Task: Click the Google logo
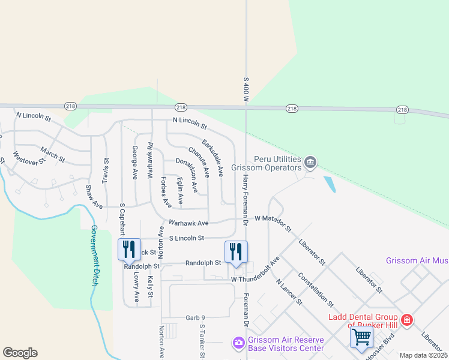tap(20, 353)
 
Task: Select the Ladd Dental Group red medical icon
tap(407, 320)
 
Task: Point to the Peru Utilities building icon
tap(310, 162)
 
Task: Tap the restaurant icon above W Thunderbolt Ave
tap(236, 251)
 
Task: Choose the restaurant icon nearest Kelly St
tap(130, 249)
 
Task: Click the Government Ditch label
tap(95, 256)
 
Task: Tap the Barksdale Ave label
tap(212, 158)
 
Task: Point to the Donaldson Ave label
tap(187, 174)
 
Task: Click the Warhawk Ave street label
tap(188, 223)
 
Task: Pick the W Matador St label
tap(273, 223)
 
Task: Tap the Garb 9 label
tap(195, 317)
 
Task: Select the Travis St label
tap(106, 169)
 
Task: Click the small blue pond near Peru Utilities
tap(330, 184)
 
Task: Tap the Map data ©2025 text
tap(423, 355)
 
